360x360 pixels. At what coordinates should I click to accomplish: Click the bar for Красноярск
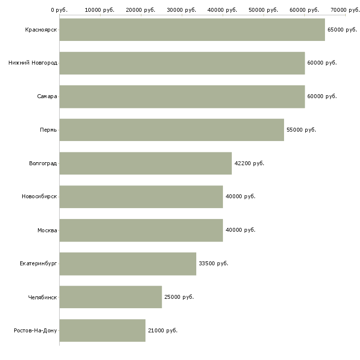(x=192, y=30)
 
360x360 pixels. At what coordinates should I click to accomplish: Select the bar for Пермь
(x=172, y=130)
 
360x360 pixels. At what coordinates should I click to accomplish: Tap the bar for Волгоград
(x=145, y=163)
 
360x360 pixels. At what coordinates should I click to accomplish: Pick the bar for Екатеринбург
(x=128, y=263)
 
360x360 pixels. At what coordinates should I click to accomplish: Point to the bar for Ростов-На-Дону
(x=103, y=330)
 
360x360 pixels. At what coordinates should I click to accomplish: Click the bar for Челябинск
(x=110, y=297)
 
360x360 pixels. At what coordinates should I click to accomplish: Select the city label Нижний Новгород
(x=33, y=63)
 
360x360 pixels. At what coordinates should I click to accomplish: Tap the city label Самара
(x=47, y=97)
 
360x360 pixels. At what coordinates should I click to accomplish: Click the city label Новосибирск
(x=39, y=197)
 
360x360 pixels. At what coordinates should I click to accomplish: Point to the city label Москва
(x=47, y=230)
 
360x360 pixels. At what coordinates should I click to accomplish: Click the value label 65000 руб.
(x=342, y=30)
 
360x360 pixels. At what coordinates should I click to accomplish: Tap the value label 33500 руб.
(x=213, y=264)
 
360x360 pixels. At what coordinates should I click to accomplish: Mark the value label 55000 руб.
(x=301, y=130)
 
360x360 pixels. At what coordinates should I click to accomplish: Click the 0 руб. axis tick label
(x=59, y=10)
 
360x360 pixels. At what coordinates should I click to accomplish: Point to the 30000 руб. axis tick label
(x=182, y=10)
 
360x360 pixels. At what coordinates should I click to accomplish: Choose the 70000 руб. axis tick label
(x=345, y=10)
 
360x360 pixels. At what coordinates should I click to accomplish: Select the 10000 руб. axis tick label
(x=100, y=10)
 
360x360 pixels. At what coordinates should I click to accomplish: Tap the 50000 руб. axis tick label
(x=264, y=10)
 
